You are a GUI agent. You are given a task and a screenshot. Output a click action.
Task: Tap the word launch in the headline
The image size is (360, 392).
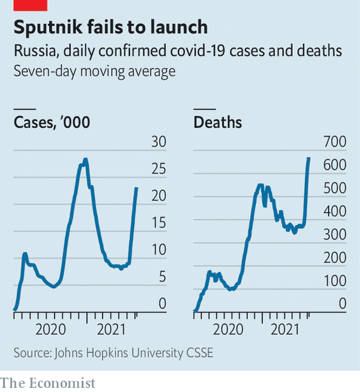[x=178, y=28]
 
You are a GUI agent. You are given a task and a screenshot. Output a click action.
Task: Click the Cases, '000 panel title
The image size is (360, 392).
[x=52, y=123]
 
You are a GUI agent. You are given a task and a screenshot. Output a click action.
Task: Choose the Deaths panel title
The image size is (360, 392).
[x=218, y=123]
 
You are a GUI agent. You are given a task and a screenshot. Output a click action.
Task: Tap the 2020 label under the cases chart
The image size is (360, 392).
[x=50, y=329]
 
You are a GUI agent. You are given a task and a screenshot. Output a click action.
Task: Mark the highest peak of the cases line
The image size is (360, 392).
[x=86, y=159]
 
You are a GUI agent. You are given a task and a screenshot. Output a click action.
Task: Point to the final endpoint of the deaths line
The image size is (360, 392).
[x=309, y=158]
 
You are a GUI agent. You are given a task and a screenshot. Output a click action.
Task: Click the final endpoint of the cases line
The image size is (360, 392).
[x=137, y=188]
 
